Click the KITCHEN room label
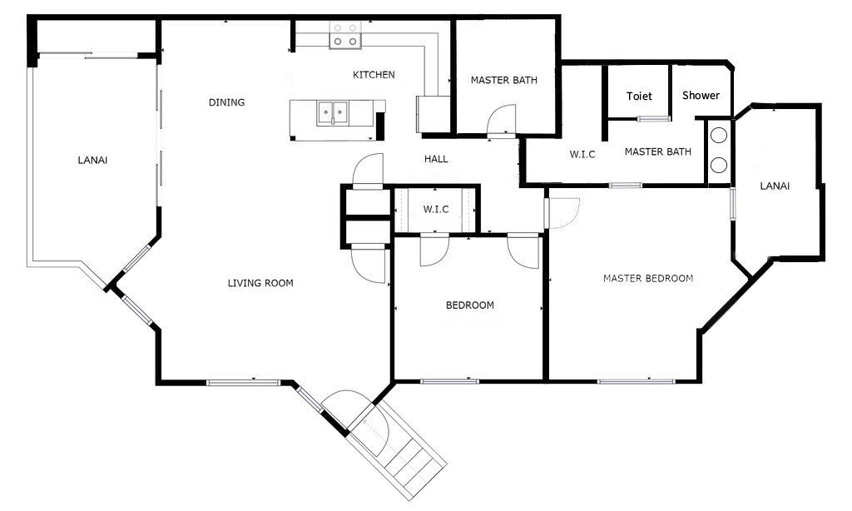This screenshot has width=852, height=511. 374,74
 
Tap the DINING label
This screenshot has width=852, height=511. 226,102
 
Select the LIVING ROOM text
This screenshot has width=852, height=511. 260,283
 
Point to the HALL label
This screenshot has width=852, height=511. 436,159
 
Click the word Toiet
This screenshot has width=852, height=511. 639,97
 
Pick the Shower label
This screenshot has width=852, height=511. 701,95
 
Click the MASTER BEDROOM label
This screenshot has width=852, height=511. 648,278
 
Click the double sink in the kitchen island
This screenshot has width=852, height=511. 333,112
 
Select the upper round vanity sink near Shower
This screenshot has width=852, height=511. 719,135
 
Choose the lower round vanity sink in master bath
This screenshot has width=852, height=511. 719,165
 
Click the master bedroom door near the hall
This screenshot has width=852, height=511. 562,212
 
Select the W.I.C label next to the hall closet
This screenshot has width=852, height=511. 436,209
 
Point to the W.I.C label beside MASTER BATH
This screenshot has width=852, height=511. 582,155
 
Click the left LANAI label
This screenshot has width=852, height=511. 92,161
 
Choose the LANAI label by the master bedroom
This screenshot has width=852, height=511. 775,186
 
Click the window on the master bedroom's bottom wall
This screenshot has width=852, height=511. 635,381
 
